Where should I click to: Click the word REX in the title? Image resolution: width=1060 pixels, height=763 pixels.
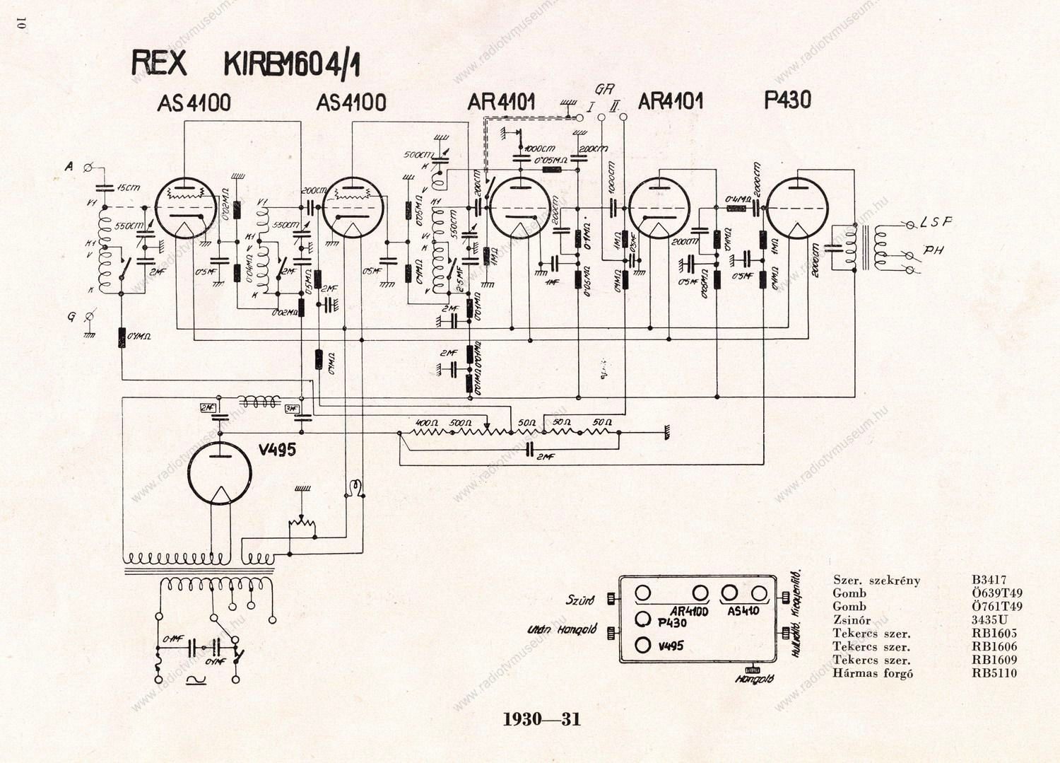(160, 62)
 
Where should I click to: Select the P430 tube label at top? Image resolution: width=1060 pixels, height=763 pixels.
(787, 100)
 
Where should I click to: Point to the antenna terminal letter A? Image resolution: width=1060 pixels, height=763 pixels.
(69, 166)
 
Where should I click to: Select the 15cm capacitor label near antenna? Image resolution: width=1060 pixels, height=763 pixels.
(129, 187)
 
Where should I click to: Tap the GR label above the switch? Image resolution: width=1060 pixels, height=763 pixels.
(604, 90)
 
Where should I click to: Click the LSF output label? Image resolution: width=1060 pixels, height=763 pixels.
(936, 222)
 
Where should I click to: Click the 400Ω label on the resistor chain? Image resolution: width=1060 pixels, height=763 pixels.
(426, 423)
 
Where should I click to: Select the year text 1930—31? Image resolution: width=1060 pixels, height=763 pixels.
(541, 719)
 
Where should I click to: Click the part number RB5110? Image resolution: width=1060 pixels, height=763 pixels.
(994, 673)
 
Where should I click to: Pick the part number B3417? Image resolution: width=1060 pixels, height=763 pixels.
(989, 580)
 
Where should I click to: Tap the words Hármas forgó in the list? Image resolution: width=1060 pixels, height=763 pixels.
(873, 673)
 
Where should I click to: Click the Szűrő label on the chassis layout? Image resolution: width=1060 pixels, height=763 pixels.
(580, 600)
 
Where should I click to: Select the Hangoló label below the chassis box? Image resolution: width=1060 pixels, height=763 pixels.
(754, 679)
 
